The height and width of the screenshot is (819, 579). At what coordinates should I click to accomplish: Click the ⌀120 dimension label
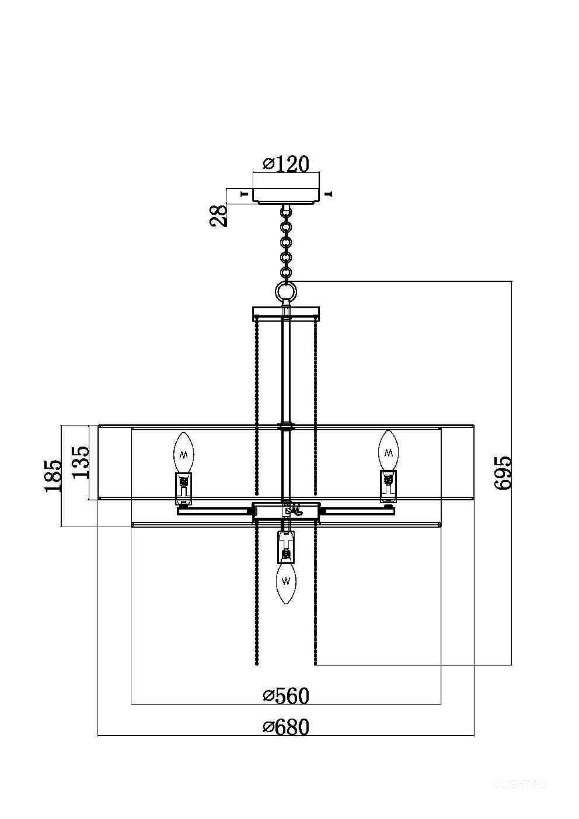point(286,164)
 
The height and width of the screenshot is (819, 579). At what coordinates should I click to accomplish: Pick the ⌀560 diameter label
point(286,696)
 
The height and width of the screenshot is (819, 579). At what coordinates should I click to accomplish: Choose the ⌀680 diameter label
point(286,727)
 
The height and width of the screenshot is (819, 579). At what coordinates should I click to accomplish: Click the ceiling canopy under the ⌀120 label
point(286,195)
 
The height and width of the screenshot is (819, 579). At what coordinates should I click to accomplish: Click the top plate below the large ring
point(285,312)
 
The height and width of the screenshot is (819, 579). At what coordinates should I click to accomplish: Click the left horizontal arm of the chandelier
point(215,511)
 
